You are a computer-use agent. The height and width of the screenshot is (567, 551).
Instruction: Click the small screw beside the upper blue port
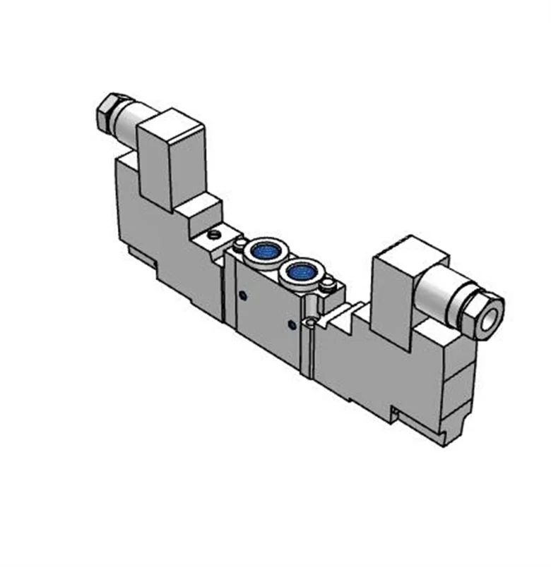(x=241, y=243)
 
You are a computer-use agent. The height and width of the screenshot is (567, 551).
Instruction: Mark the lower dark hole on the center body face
(x=292, y=324)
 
